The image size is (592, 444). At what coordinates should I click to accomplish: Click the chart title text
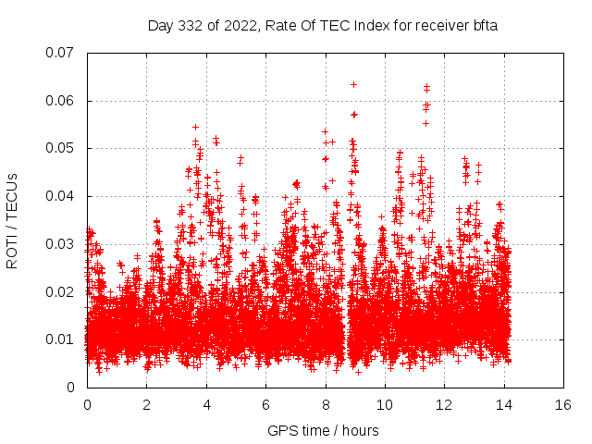pyautogui.click(x=323, y=25)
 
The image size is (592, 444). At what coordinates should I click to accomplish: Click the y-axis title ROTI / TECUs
pyautogui.click(x=13, y=219)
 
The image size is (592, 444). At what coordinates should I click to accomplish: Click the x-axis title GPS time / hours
pyautogui.click(x=323, y=430)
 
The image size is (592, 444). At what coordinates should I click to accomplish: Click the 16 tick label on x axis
pyautogui.click(x=563, y=405)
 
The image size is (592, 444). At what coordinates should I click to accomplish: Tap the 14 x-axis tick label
pyautogui.click(x=504, y=405)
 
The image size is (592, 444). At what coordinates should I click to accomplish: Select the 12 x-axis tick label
pyautogui.click(x=444, y=405)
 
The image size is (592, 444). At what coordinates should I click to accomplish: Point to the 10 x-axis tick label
pyautogui.click(x=385, y=405)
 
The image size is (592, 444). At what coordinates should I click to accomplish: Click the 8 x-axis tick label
pyautogui.click(x=326, y=405)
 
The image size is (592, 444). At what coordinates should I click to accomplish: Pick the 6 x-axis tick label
pyautogui.click(x=265, y=405)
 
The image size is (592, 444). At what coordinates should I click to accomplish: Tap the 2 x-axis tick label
pyautogui.click(x=146, y=405)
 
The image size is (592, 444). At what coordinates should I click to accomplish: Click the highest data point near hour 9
pyautogui.click(x=353, y=84)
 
